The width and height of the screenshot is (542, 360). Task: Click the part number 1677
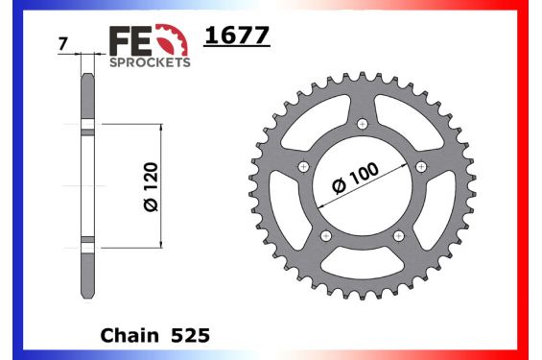[x=238, y=36]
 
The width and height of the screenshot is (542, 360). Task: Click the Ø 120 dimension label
[x=150, y=186]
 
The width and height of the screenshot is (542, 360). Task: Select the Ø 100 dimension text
[x=356, y=178]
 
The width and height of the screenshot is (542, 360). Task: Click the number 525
[x=191, y=337]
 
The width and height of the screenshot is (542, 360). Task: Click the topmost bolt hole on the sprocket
[x=362, y=125]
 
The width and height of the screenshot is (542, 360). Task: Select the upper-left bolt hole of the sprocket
[x=303, y=167]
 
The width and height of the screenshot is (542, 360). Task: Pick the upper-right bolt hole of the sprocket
[x=420, y=167]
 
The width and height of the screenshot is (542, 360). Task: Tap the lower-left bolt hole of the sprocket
[x=325, y=236]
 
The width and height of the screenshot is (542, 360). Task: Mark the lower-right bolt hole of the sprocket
[x=398, y=236]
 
